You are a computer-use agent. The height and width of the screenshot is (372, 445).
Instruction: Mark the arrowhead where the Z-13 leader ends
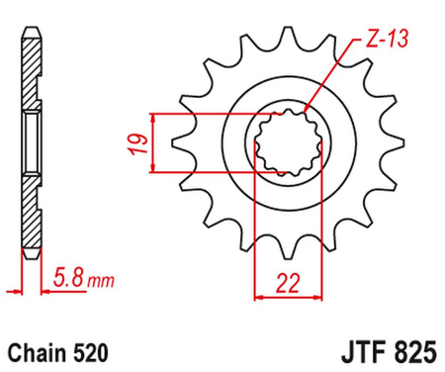[x=309, y=111]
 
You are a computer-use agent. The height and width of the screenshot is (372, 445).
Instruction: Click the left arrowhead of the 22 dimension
[x=261, y=294]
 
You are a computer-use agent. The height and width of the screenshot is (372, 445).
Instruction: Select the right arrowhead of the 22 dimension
[x=321, y=294]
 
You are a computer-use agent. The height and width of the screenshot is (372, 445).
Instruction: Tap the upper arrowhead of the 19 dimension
[x=154, y=117]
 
